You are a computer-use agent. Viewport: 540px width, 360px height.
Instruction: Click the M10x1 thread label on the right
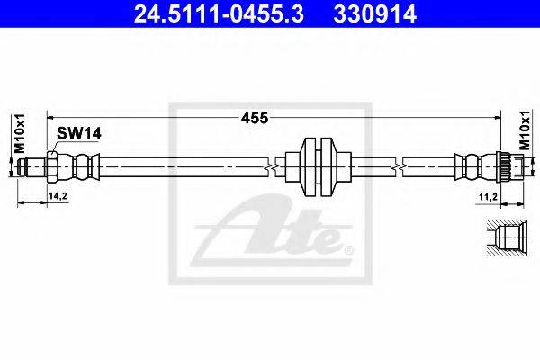[x=525, y=135]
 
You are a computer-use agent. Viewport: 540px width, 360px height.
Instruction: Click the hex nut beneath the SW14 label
[x=53, y=166]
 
